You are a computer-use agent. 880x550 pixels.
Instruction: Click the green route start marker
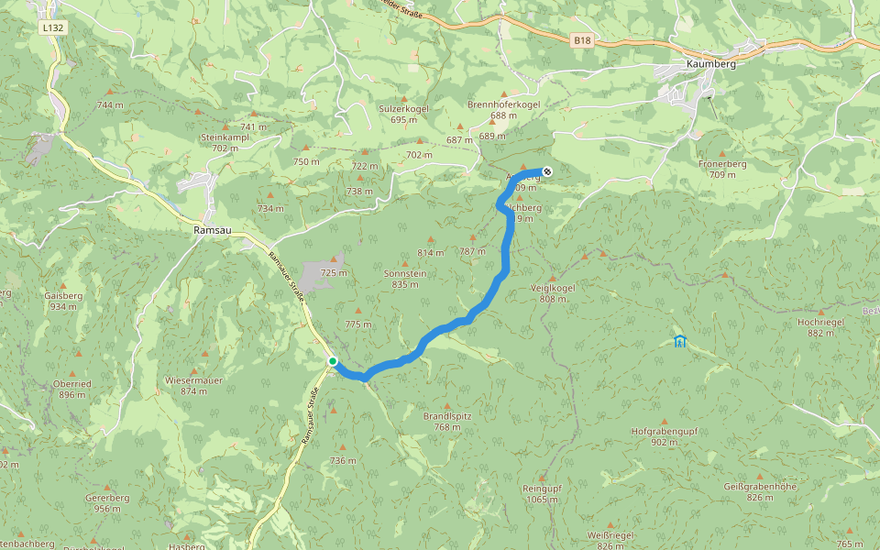[333, 361]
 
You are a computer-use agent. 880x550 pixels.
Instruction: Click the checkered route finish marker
[547, 170]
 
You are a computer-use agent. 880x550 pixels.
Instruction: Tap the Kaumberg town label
[711, 64]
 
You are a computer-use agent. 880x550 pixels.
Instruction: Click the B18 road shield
[581, 40]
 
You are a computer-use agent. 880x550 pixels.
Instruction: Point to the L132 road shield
[52, 28]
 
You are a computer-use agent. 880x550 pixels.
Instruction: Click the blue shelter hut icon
[679, 342]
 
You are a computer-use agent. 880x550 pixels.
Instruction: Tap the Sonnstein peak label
[404, 273]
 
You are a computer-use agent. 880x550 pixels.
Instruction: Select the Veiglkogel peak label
[553, 288]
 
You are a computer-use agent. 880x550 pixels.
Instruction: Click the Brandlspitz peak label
[447, 415]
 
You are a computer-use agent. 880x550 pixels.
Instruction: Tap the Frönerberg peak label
[722, 164]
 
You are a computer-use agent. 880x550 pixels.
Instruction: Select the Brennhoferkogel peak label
[503, 104]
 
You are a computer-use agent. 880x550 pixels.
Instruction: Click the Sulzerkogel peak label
[403, 108]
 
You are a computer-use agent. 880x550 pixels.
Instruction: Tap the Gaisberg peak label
[63, 296]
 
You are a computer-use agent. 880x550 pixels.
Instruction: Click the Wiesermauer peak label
[193, 379]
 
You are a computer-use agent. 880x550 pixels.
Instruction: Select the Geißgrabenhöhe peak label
[760, 486]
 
